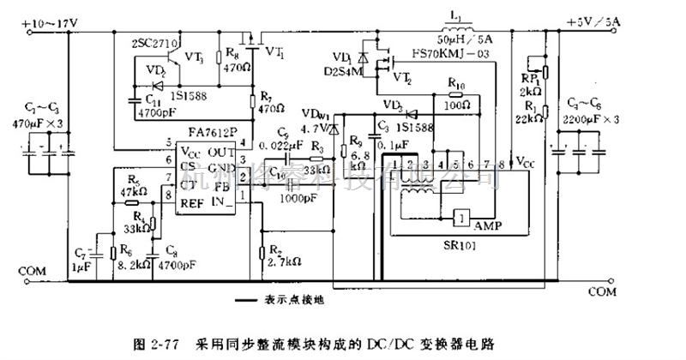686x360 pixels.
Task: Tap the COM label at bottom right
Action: point(603,291)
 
